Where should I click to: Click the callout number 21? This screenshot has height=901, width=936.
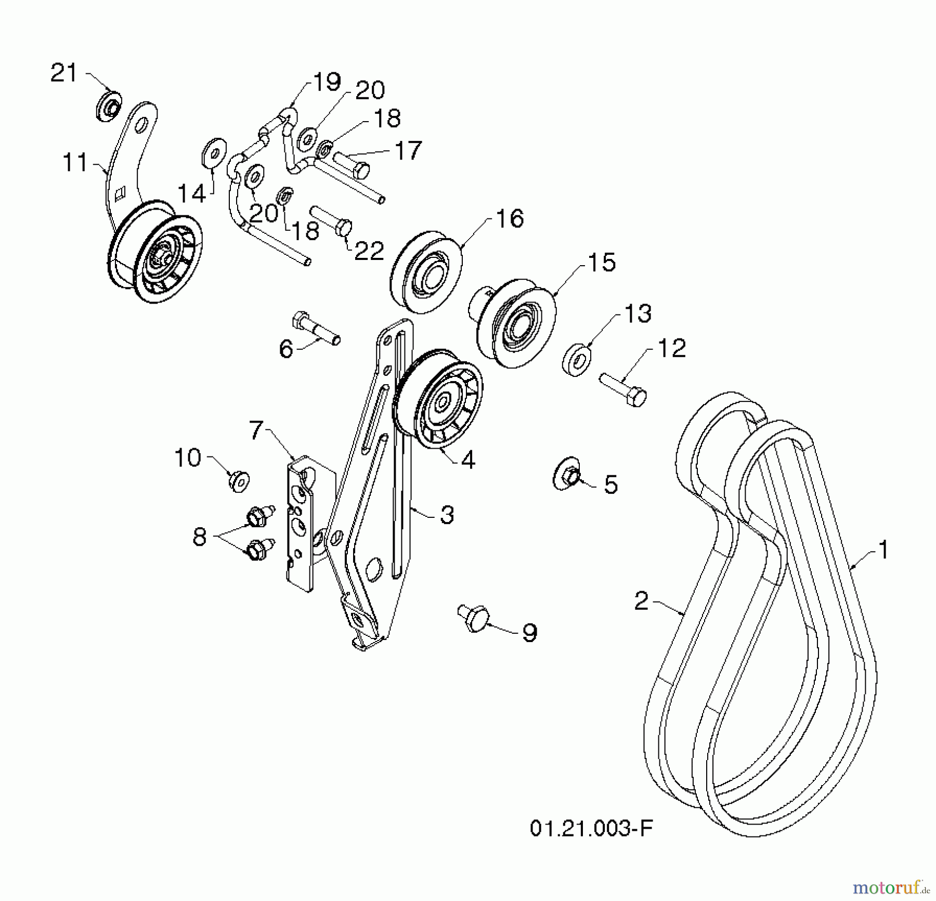click(x=63, y=73)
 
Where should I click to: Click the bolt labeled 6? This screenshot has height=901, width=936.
click(x=315, y=328)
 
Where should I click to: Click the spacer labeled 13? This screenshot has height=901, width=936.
click(x=576, y=359)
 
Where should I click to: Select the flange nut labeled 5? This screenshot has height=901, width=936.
click(x=567, y=475)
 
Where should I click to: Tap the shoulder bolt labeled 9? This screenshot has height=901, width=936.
click(x=474, y=617)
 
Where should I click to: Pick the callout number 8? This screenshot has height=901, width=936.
click(x=199, y=537)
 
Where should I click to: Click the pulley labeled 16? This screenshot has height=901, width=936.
click(x=426, y=272)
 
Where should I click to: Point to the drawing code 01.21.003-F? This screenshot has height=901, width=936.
click(x=591, y=828)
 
